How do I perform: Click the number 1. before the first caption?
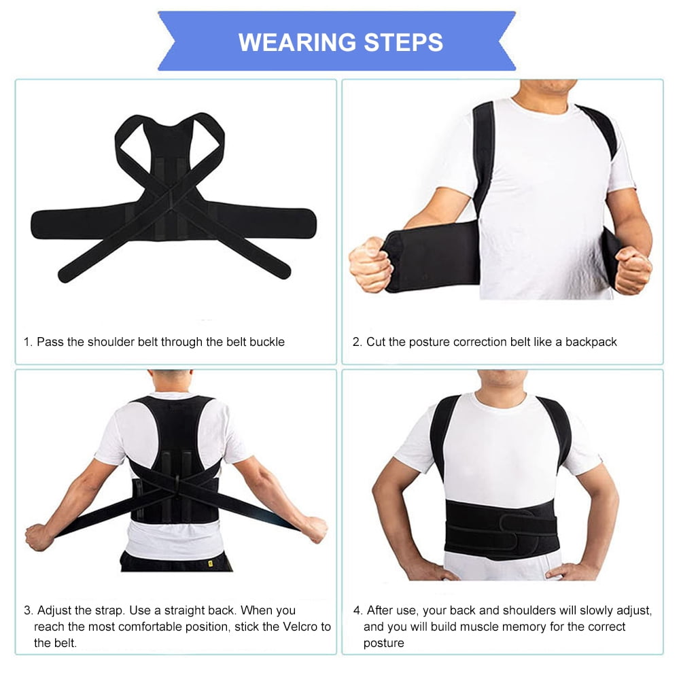click(x=28, y=342)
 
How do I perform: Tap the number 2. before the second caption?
click(x=357, y=342)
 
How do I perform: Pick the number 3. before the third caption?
click(x=28, y=610)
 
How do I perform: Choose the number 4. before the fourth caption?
click(x=357, y=610)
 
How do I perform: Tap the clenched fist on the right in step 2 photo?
click(x=633, y=269)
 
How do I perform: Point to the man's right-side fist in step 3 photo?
click(x=314, y=529)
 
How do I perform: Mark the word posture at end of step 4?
click(x=384, y=643)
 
